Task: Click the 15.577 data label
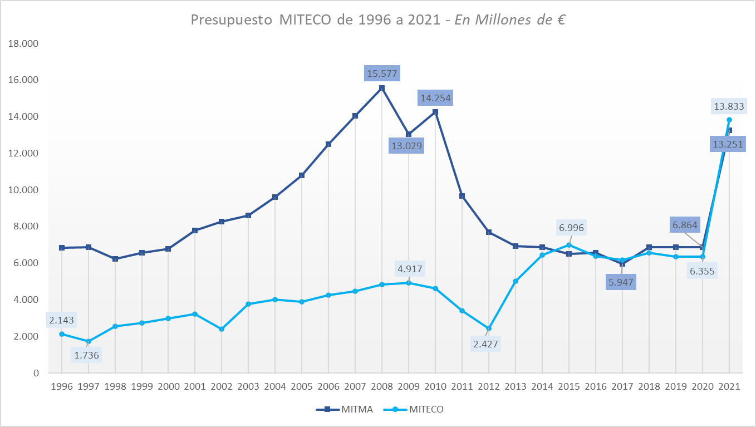382,73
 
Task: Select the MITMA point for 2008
382,88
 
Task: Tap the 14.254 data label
435,99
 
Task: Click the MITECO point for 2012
489,328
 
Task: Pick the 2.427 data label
486,343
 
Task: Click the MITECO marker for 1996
62,334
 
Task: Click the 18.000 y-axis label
24,43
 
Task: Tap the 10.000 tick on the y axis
24,190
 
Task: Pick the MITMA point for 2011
462,196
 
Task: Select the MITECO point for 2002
222,329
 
